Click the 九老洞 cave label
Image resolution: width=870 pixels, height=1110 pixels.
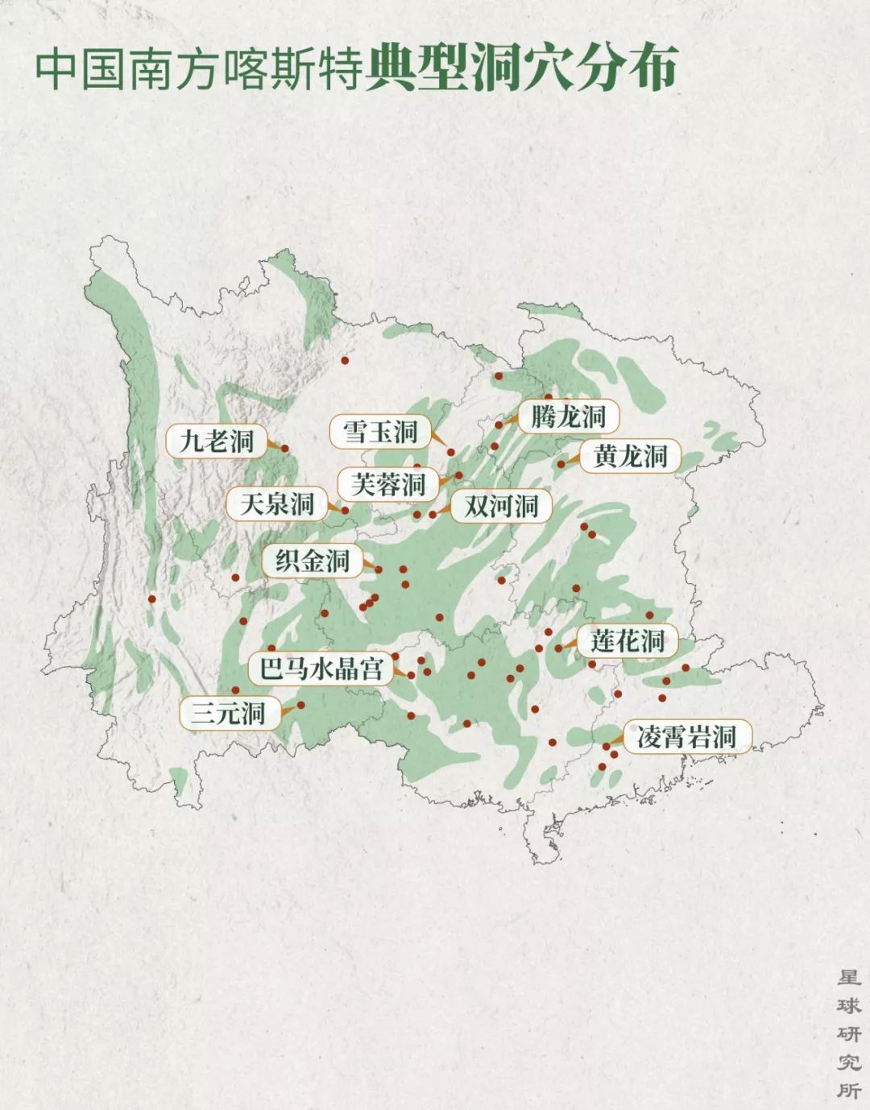coord(216,441)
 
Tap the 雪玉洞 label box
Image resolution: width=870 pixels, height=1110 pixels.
coord(380,432)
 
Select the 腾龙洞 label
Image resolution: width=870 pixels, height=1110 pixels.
coord(569,416)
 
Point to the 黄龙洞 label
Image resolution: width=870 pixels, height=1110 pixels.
coord(631,456)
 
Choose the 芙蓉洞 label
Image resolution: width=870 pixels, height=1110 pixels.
coord(388,484)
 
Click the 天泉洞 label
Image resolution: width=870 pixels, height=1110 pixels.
coord(276,504)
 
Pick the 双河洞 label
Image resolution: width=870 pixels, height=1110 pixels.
coord(501,506)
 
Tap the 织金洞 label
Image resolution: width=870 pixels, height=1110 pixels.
coord(312,561)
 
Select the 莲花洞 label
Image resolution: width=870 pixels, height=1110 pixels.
coord(628,641)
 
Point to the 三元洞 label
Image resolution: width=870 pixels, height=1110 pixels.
coord(230,713)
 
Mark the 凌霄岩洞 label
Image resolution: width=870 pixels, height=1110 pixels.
coord(686,736)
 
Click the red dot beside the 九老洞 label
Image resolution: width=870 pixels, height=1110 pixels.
coord(284,449)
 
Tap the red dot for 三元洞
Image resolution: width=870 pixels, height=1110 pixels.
coord(300,705)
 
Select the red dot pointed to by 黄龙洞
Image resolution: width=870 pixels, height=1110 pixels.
coord(561,464)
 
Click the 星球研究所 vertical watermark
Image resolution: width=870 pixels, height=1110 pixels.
coord(848,1034)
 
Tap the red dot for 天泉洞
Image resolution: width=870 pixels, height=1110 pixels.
coord(345,510)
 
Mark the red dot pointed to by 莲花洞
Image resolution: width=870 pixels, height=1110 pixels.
coord(559,648)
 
